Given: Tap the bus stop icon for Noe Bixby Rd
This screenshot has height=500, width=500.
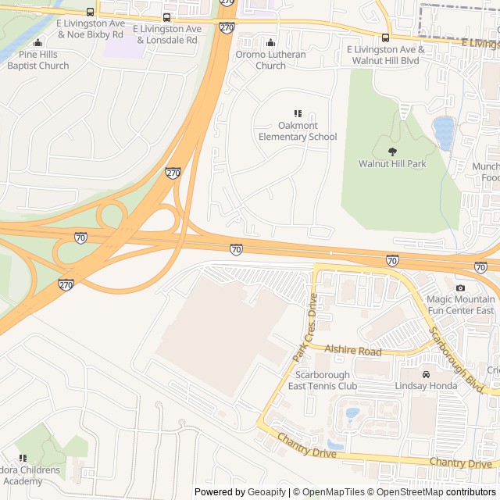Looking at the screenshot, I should pyautogui.click(x=90, y=12).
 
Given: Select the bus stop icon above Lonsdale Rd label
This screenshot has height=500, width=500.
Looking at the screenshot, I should pyautogui.click(x=166, y=17).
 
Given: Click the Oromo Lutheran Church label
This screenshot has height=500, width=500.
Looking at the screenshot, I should pyautogui.click(x=271, y=60).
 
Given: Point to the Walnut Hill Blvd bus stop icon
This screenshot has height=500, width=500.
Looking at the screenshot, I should pyautogui.click(x=385, y=37).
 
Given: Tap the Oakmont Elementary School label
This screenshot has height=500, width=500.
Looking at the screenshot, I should pyautogui.click(x=298, y=131).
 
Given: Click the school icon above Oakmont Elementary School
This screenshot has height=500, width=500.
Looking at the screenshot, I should pyautogui.click(x=298, y=114).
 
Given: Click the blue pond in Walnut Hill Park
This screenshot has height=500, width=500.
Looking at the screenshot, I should pyautogui.click(x=444, y=132).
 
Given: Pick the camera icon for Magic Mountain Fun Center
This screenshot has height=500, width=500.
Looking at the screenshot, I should pyautogui.click(x=460, y=288).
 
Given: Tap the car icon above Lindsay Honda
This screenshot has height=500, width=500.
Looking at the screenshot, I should pyautogui.click(x=426, y=375).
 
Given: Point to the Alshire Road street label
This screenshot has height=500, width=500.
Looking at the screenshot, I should pyautogui.click(x=353, y=352).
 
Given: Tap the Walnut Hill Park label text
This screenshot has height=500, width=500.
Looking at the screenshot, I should pyautogui.click(x=392, y=164).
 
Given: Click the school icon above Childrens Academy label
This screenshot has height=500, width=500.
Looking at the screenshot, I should pyautogui.click(x=22, y=458).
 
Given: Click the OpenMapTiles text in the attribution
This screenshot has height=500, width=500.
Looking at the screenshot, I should pyautogui.click(x=333, y=492).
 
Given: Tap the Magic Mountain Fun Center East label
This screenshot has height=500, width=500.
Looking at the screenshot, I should pyautogui.click(x=460, y=305).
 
